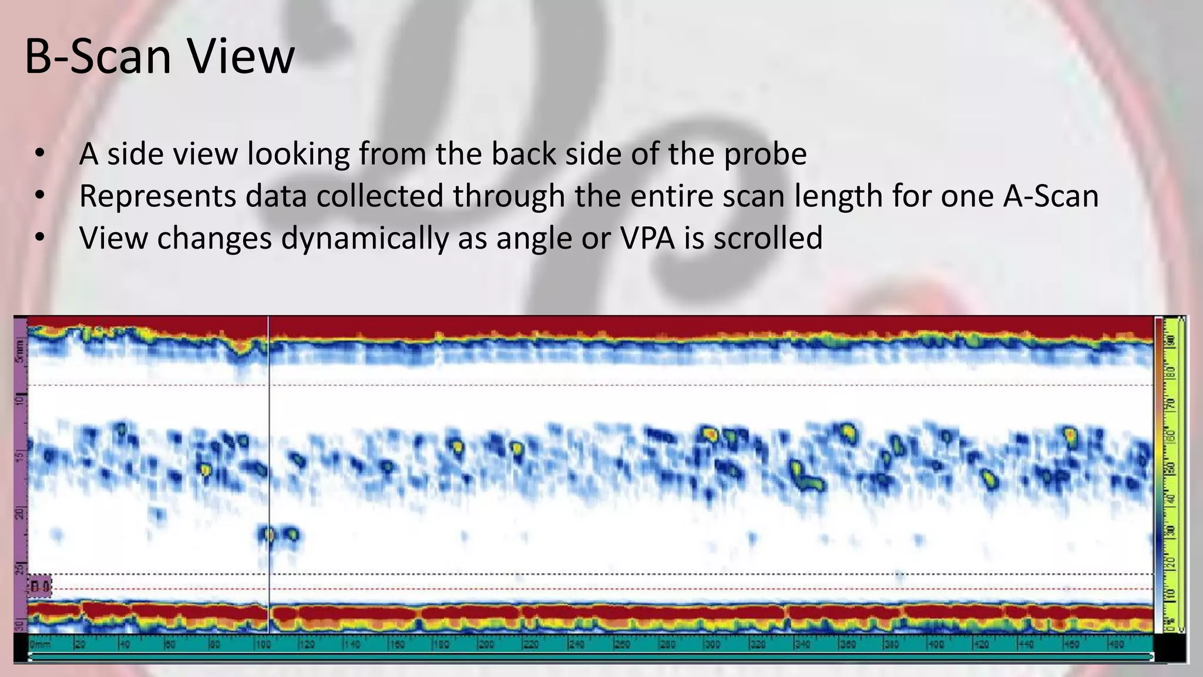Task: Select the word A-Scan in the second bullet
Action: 1050,196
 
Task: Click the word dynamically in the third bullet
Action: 364,238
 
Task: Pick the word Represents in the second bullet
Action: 157,196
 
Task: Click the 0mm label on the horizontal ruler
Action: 39,645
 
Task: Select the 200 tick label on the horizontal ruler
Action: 486,645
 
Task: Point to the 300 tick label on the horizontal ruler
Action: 711,645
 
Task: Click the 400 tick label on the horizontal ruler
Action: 936,645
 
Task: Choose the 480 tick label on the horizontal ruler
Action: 1115,645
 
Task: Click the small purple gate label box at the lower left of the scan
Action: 40,586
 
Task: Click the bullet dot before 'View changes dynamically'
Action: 39,238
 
